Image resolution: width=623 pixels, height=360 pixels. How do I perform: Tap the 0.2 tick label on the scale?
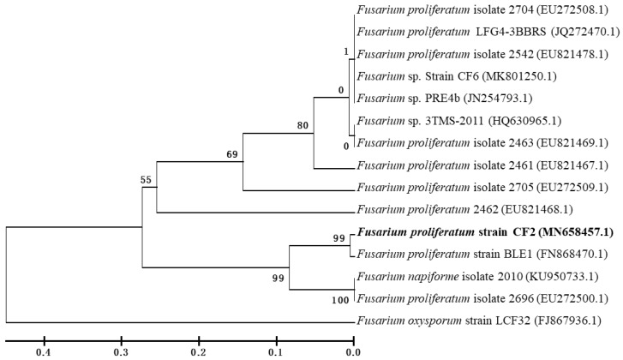[198, 351]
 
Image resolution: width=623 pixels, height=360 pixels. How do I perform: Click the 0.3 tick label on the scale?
[120, 351]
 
